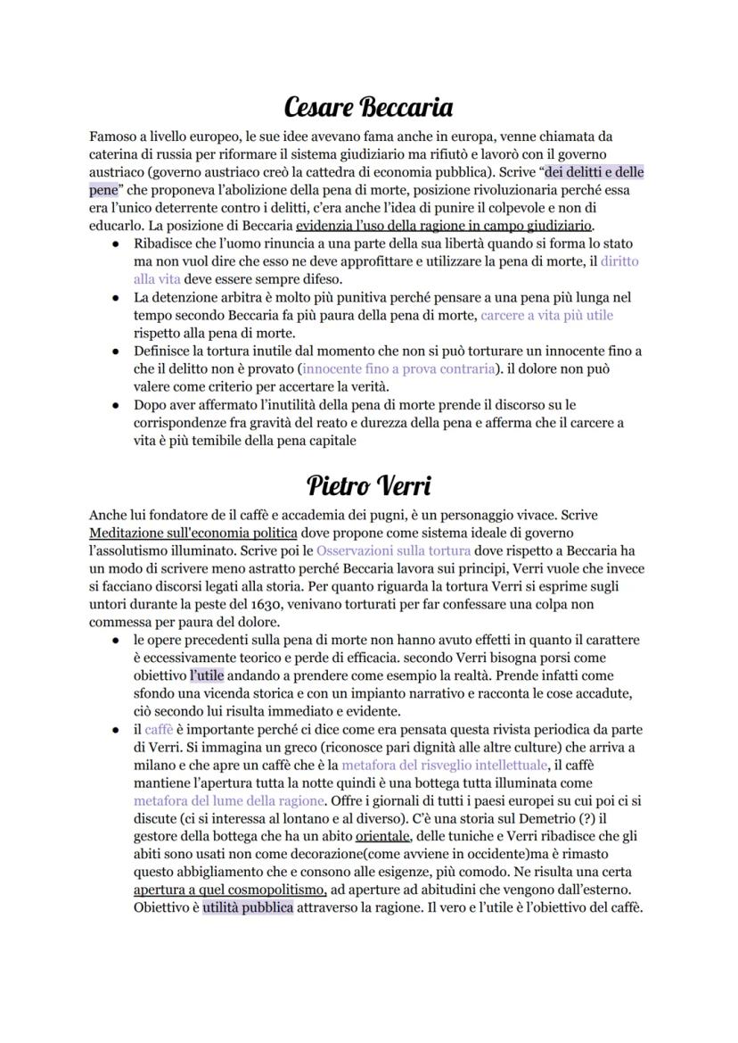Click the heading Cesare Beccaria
[x=368, y=108]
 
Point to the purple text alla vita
[x=156, y=278]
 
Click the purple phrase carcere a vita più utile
[x=546, y=315]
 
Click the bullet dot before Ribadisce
[x=116, y=244]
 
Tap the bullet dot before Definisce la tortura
[x=116, y=351]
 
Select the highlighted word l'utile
[x=207, y=675]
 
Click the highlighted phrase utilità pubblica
[x=248, y=907]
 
